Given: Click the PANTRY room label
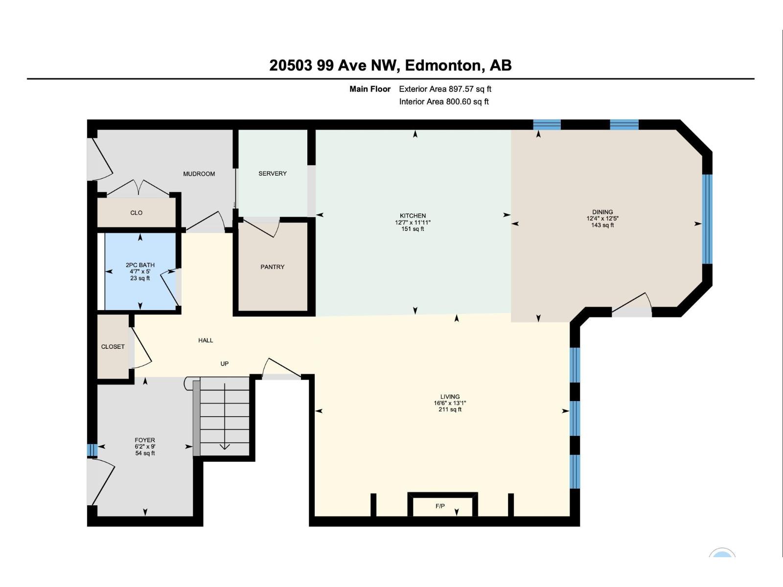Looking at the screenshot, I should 272,267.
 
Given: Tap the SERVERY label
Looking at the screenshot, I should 273,174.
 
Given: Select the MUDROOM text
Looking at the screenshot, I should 199,174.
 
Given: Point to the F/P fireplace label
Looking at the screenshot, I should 440,506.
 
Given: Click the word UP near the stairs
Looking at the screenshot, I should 225,364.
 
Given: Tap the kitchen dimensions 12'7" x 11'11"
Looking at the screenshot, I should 413,223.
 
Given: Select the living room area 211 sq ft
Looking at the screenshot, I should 450,410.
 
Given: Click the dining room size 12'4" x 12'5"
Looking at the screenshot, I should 602,219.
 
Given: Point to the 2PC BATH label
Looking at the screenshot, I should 140,265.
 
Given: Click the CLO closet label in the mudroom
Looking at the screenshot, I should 136,213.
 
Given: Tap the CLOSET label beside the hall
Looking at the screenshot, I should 113,347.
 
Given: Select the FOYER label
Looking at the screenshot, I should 145,440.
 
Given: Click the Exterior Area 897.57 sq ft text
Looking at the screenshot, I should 445,89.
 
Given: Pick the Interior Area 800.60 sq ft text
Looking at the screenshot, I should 444,102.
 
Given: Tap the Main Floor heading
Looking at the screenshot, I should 370,89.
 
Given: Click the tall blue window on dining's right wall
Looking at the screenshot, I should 707,219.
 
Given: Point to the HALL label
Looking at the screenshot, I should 206,340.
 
